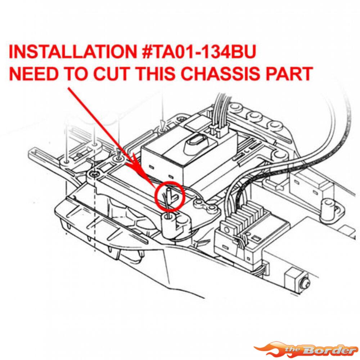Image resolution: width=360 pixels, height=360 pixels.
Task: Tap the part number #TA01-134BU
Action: [x=199, y=51]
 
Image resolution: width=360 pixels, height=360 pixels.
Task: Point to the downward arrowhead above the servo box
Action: [x=163, y=125]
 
